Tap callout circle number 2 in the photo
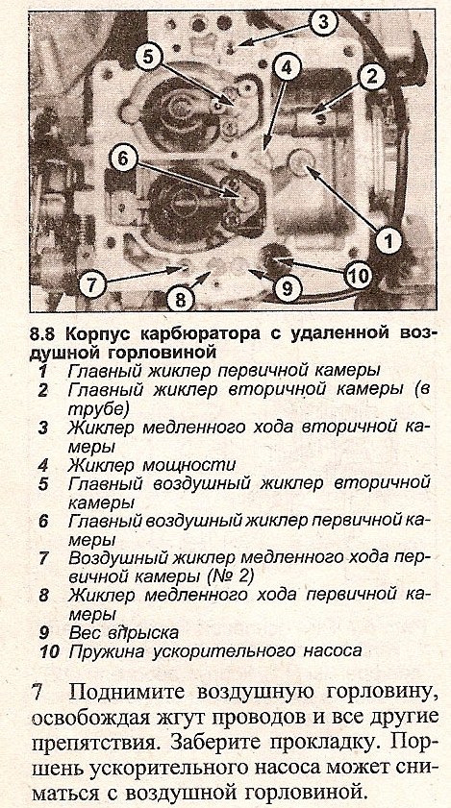pos(370,76)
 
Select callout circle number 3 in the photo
pos(323,22)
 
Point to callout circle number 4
pos(287,65)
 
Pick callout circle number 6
pos(124,159)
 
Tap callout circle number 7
pos(92,284)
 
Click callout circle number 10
pos(358,276)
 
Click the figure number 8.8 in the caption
pos(44,334)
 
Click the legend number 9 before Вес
pos(43,632)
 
